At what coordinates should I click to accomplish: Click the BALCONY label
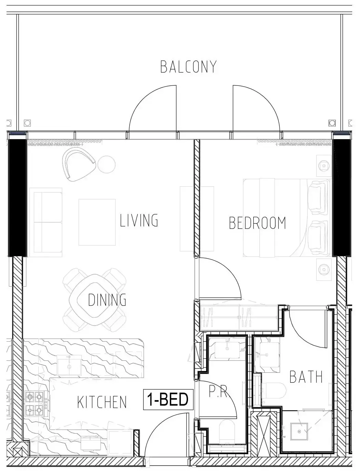(188, 67)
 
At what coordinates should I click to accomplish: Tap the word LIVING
(139, 220)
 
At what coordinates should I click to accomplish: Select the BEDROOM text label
(257, 223)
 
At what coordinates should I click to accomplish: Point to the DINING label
(107, 300)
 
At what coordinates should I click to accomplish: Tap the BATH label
(306, 377)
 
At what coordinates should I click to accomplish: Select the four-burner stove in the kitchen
(35, 403)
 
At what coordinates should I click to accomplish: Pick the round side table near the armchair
(106, 164)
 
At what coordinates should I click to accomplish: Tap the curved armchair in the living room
(79, 164)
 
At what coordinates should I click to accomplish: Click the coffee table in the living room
(97, 222)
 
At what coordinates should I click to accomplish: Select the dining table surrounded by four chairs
(95, 300)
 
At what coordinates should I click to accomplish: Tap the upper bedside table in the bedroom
(324, 166)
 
